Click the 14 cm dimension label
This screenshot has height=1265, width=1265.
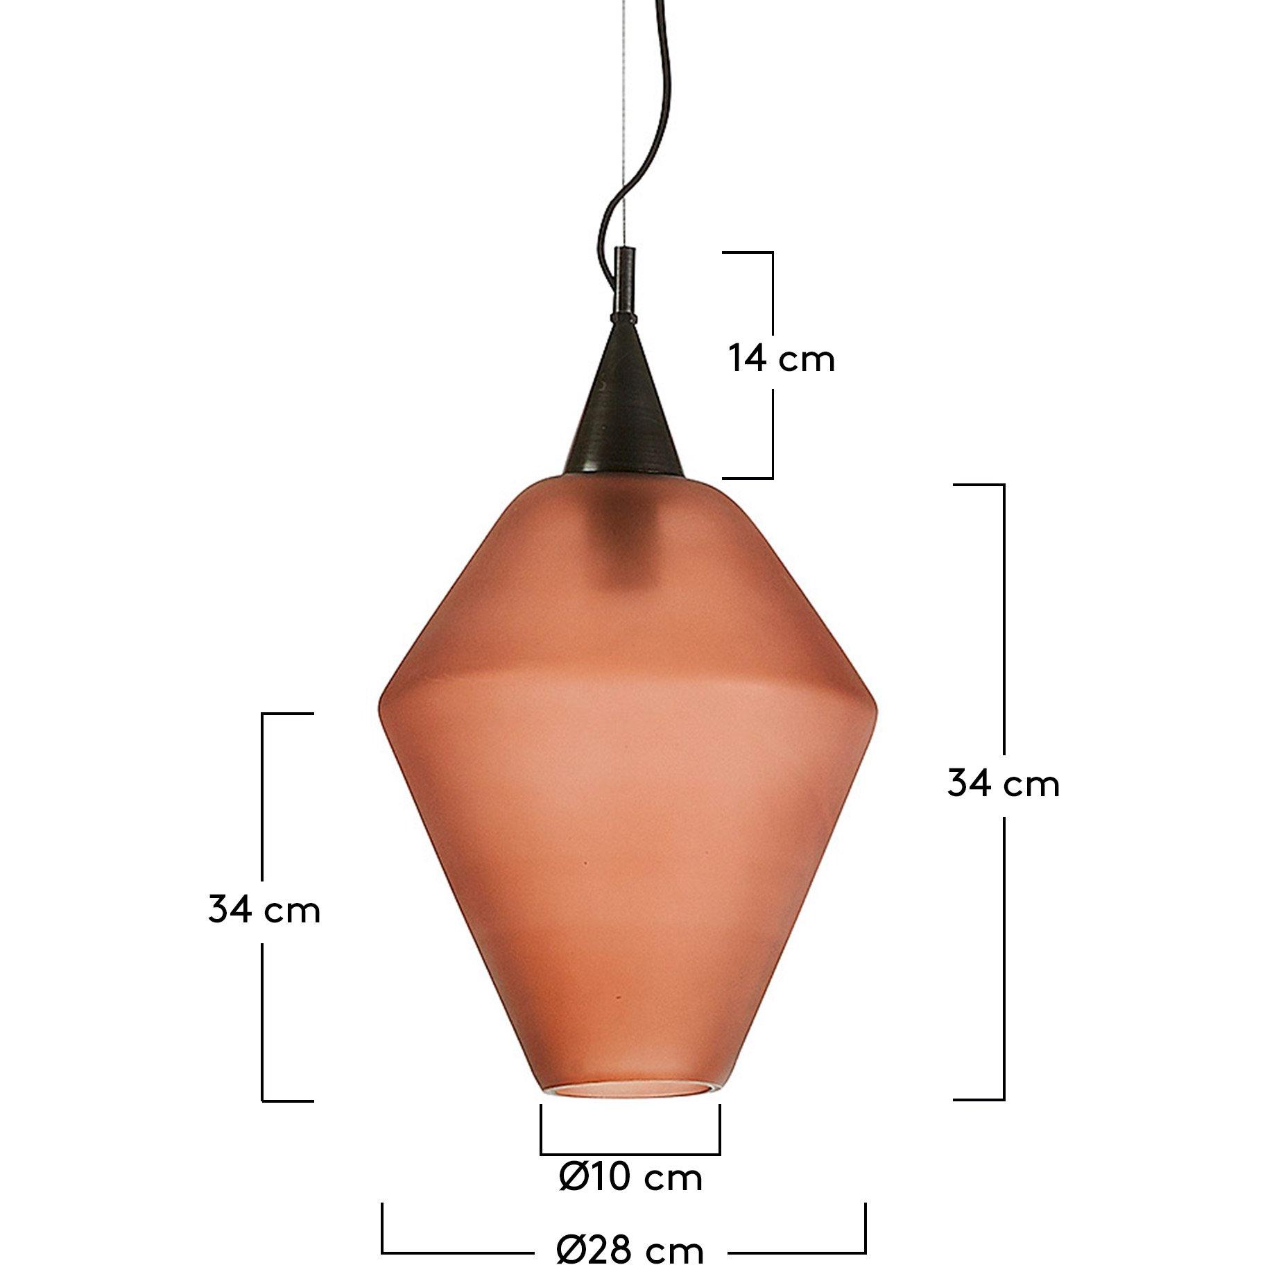(x=782, y=359)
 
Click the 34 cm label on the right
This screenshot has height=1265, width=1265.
(x=1004, y=784)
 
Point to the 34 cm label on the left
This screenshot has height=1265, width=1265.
(x=264, y=911)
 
